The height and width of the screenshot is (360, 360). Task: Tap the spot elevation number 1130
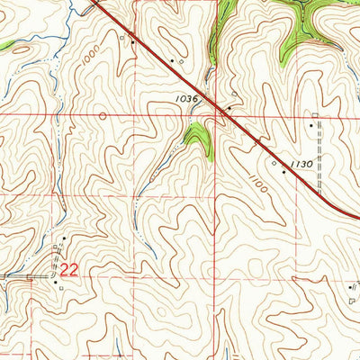click(x=303, y=164)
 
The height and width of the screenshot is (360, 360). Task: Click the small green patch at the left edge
click(x=5, y=44)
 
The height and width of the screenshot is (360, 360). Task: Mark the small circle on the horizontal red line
click(x=102, y=115)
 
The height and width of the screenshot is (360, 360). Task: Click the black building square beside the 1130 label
click(x=284, y=171)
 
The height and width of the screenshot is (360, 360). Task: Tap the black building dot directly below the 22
click(x=56, y=282)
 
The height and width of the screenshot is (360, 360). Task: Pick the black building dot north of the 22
click(x=64, y=238)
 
